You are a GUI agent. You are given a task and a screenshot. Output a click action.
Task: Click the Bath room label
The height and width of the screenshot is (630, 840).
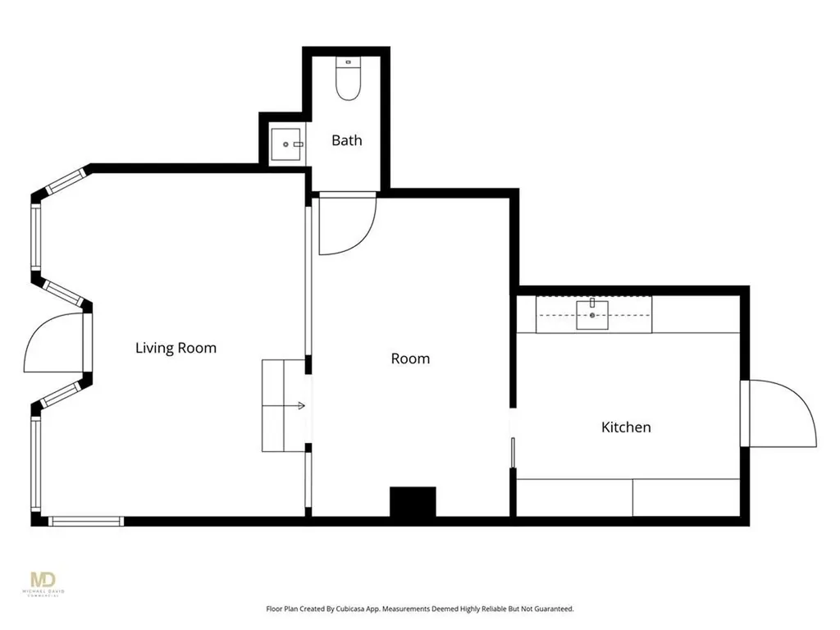pyautogui.click(x=347, y=140)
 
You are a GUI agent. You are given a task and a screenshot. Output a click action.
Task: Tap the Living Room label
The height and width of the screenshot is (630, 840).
pyautogui.click(x=176, y=348)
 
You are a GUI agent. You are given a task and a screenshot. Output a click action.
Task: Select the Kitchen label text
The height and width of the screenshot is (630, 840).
pyautogui.click(x=626, y=427)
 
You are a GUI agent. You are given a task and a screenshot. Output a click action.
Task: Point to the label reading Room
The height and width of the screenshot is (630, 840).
pyautogui.click(x=410, y=358)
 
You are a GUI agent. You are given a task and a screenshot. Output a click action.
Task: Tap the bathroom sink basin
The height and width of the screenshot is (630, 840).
pyautogui.click(x=285, y=144)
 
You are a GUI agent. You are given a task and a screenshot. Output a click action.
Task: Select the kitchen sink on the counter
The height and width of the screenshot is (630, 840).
pyautogui.click(x=592, y=315)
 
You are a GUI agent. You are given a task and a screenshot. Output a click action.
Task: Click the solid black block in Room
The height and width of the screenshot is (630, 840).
pyautogui.click(x=413, y=501)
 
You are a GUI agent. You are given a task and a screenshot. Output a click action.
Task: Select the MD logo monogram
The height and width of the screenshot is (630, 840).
pyautogui.click(x=43, y=580)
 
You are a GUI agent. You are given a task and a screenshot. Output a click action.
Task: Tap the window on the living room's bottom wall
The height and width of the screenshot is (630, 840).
pyautogui.click(x=85, y=521)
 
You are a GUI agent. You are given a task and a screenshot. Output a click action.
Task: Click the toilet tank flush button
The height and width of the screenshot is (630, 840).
pyautogui.click(x=348, y=62)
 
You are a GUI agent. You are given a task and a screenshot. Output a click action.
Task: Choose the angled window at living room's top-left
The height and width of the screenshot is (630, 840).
pyautogui.click(x=66, y=181)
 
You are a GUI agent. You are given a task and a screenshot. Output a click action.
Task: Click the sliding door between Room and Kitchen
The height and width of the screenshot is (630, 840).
pyautogui.click(x=513, y=453)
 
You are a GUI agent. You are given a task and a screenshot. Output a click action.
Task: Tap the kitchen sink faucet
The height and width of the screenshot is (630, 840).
pyautogui.click(x=592, y=303)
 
